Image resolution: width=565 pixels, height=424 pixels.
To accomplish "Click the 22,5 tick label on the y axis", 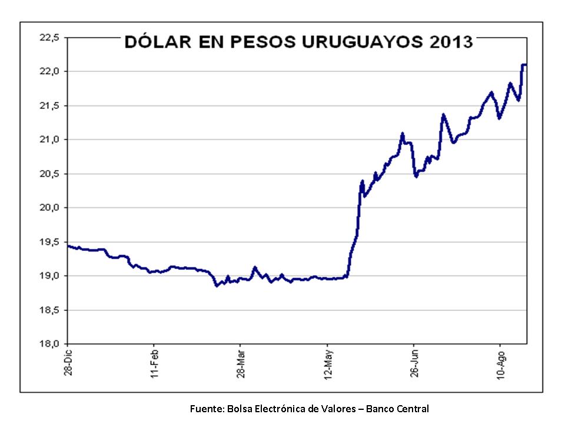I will [x=49, y=38].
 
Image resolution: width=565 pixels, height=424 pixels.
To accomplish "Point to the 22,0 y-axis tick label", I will [x=49, y=71].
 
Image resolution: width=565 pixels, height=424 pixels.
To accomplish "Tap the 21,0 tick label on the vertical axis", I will [x=49, y=140].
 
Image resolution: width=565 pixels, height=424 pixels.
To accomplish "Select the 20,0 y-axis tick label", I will [x=49, y=208].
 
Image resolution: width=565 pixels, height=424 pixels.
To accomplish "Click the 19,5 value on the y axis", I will [x=49, y=242].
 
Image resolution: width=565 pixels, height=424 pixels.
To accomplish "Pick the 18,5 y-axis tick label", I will [x=49, y=310].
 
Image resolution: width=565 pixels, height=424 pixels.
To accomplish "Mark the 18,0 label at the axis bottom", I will [x=49, y=344].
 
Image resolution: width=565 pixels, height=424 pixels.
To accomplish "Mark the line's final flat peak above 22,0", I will [x=524, y=65].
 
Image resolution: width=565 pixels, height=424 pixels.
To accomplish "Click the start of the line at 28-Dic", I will [x=69, y=246].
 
